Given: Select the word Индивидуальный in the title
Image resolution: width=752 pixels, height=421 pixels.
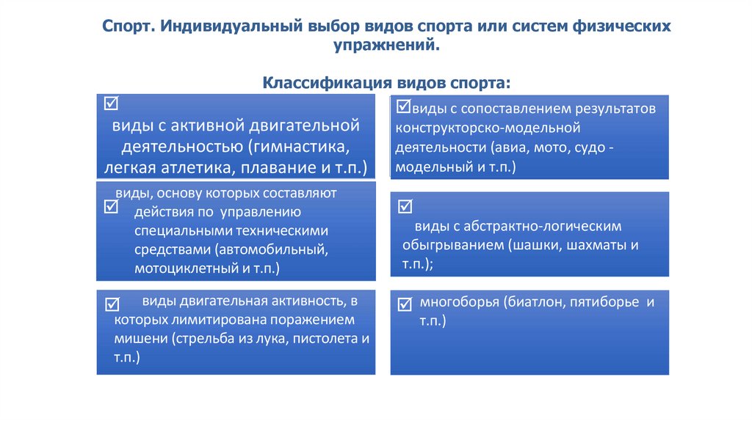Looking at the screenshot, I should [x=233, y=26].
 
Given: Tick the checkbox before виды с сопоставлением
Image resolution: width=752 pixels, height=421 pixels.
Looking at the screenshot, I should [x=403, y=107].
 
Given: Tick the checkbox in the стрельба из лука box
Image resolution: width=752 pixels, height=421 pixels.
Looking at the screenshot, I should [x=113, y=304].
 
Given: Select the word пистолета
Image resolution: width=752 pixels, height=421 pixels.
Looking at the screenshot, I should [x=318, y=340].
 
